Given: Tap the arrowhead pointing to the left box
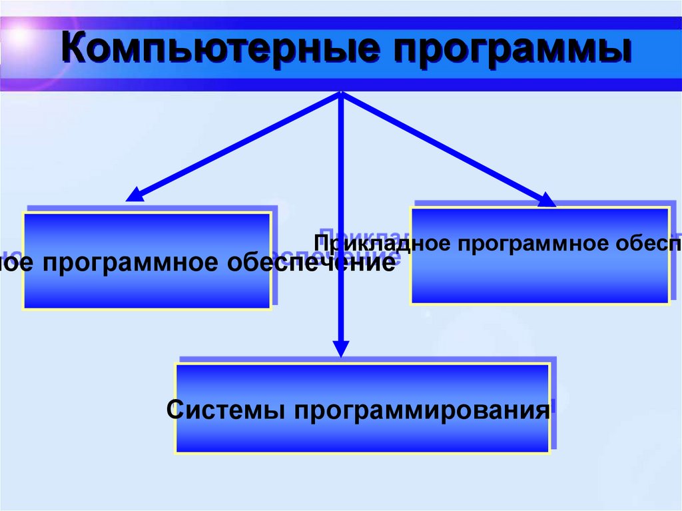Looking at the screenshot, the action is click(135, 195).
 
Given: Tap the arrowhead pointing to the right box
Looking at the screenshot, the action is click(547, 199).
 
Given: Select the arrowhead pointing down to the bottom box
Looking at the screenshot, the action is click(341, 349).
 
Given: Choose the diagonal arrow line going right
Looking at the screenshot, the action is click(446, 147).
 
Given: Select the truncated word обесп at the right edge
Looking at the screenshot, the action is click(653, 244).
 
